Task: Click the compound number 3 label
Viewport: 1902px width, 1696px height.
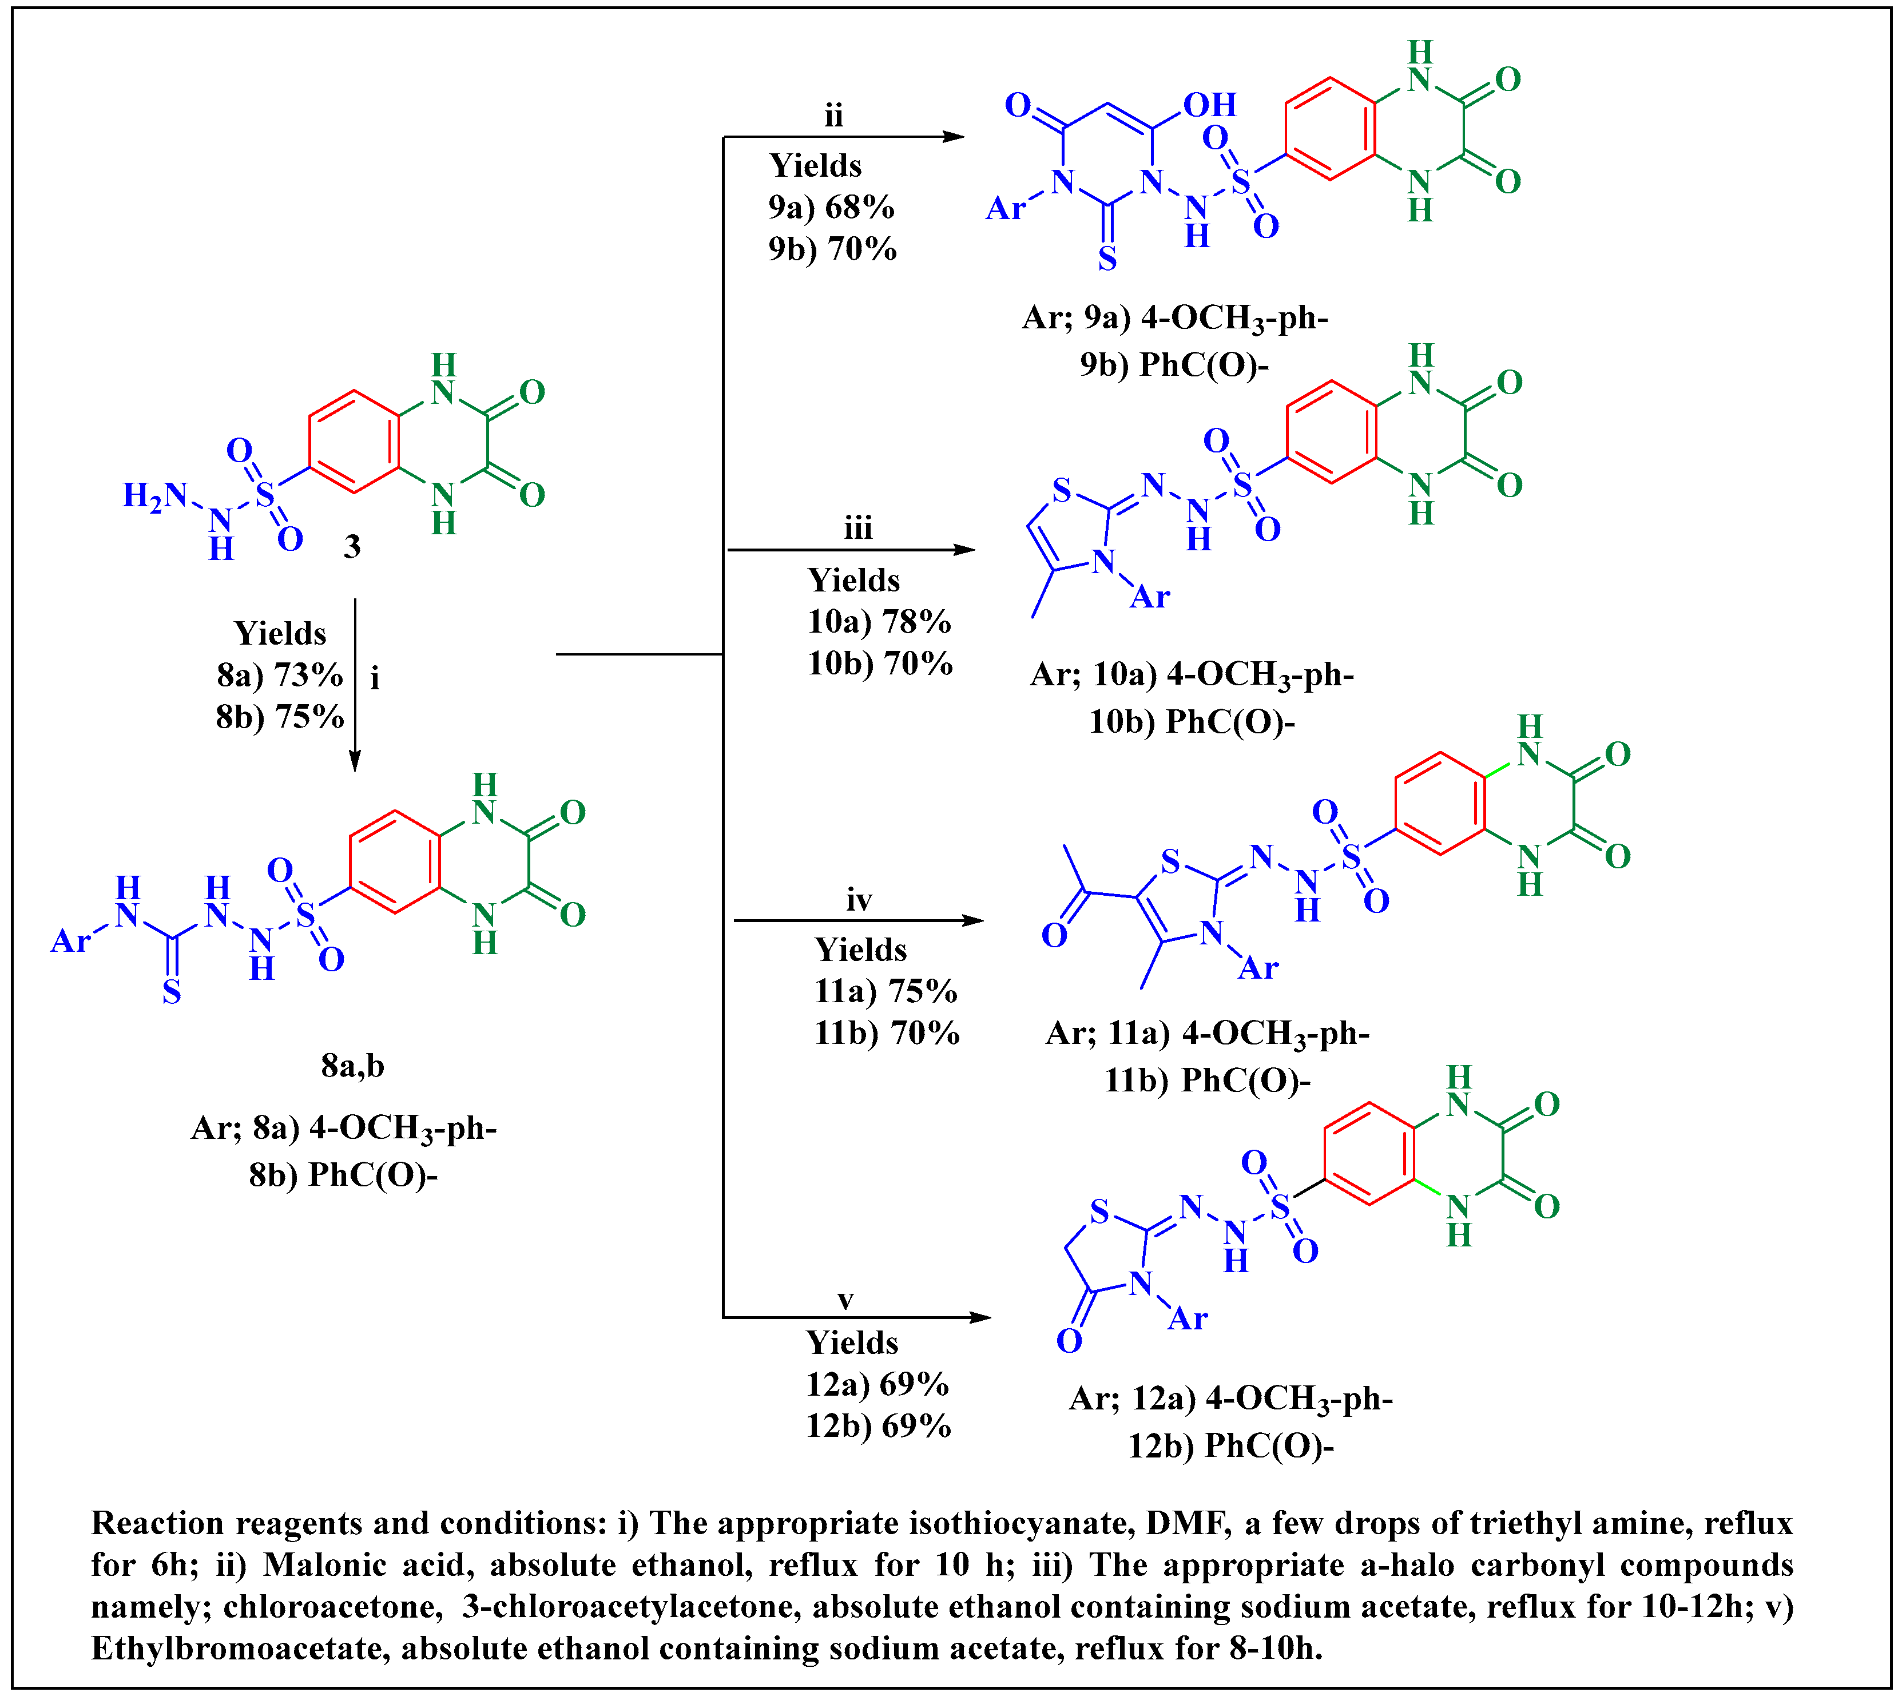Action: coord(351,546)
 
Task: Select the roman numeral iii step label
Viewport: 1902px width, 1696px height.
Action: coord(858,529)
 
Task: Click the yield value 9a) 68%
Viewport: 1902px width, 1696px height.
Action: coord(831,207)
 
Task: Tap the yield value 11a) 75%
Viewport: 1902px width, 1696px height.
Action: coord(886,991)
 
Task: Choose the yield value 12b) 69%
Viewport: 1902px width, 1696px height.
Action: coord(878,1426)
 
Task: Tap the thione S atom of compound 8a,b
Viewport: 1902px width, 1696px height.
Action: coord(172,992)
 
